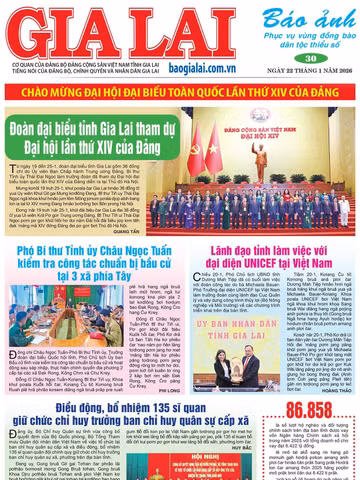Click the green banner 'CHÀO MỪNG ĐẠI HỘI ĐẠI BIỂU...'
point(180,92)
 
